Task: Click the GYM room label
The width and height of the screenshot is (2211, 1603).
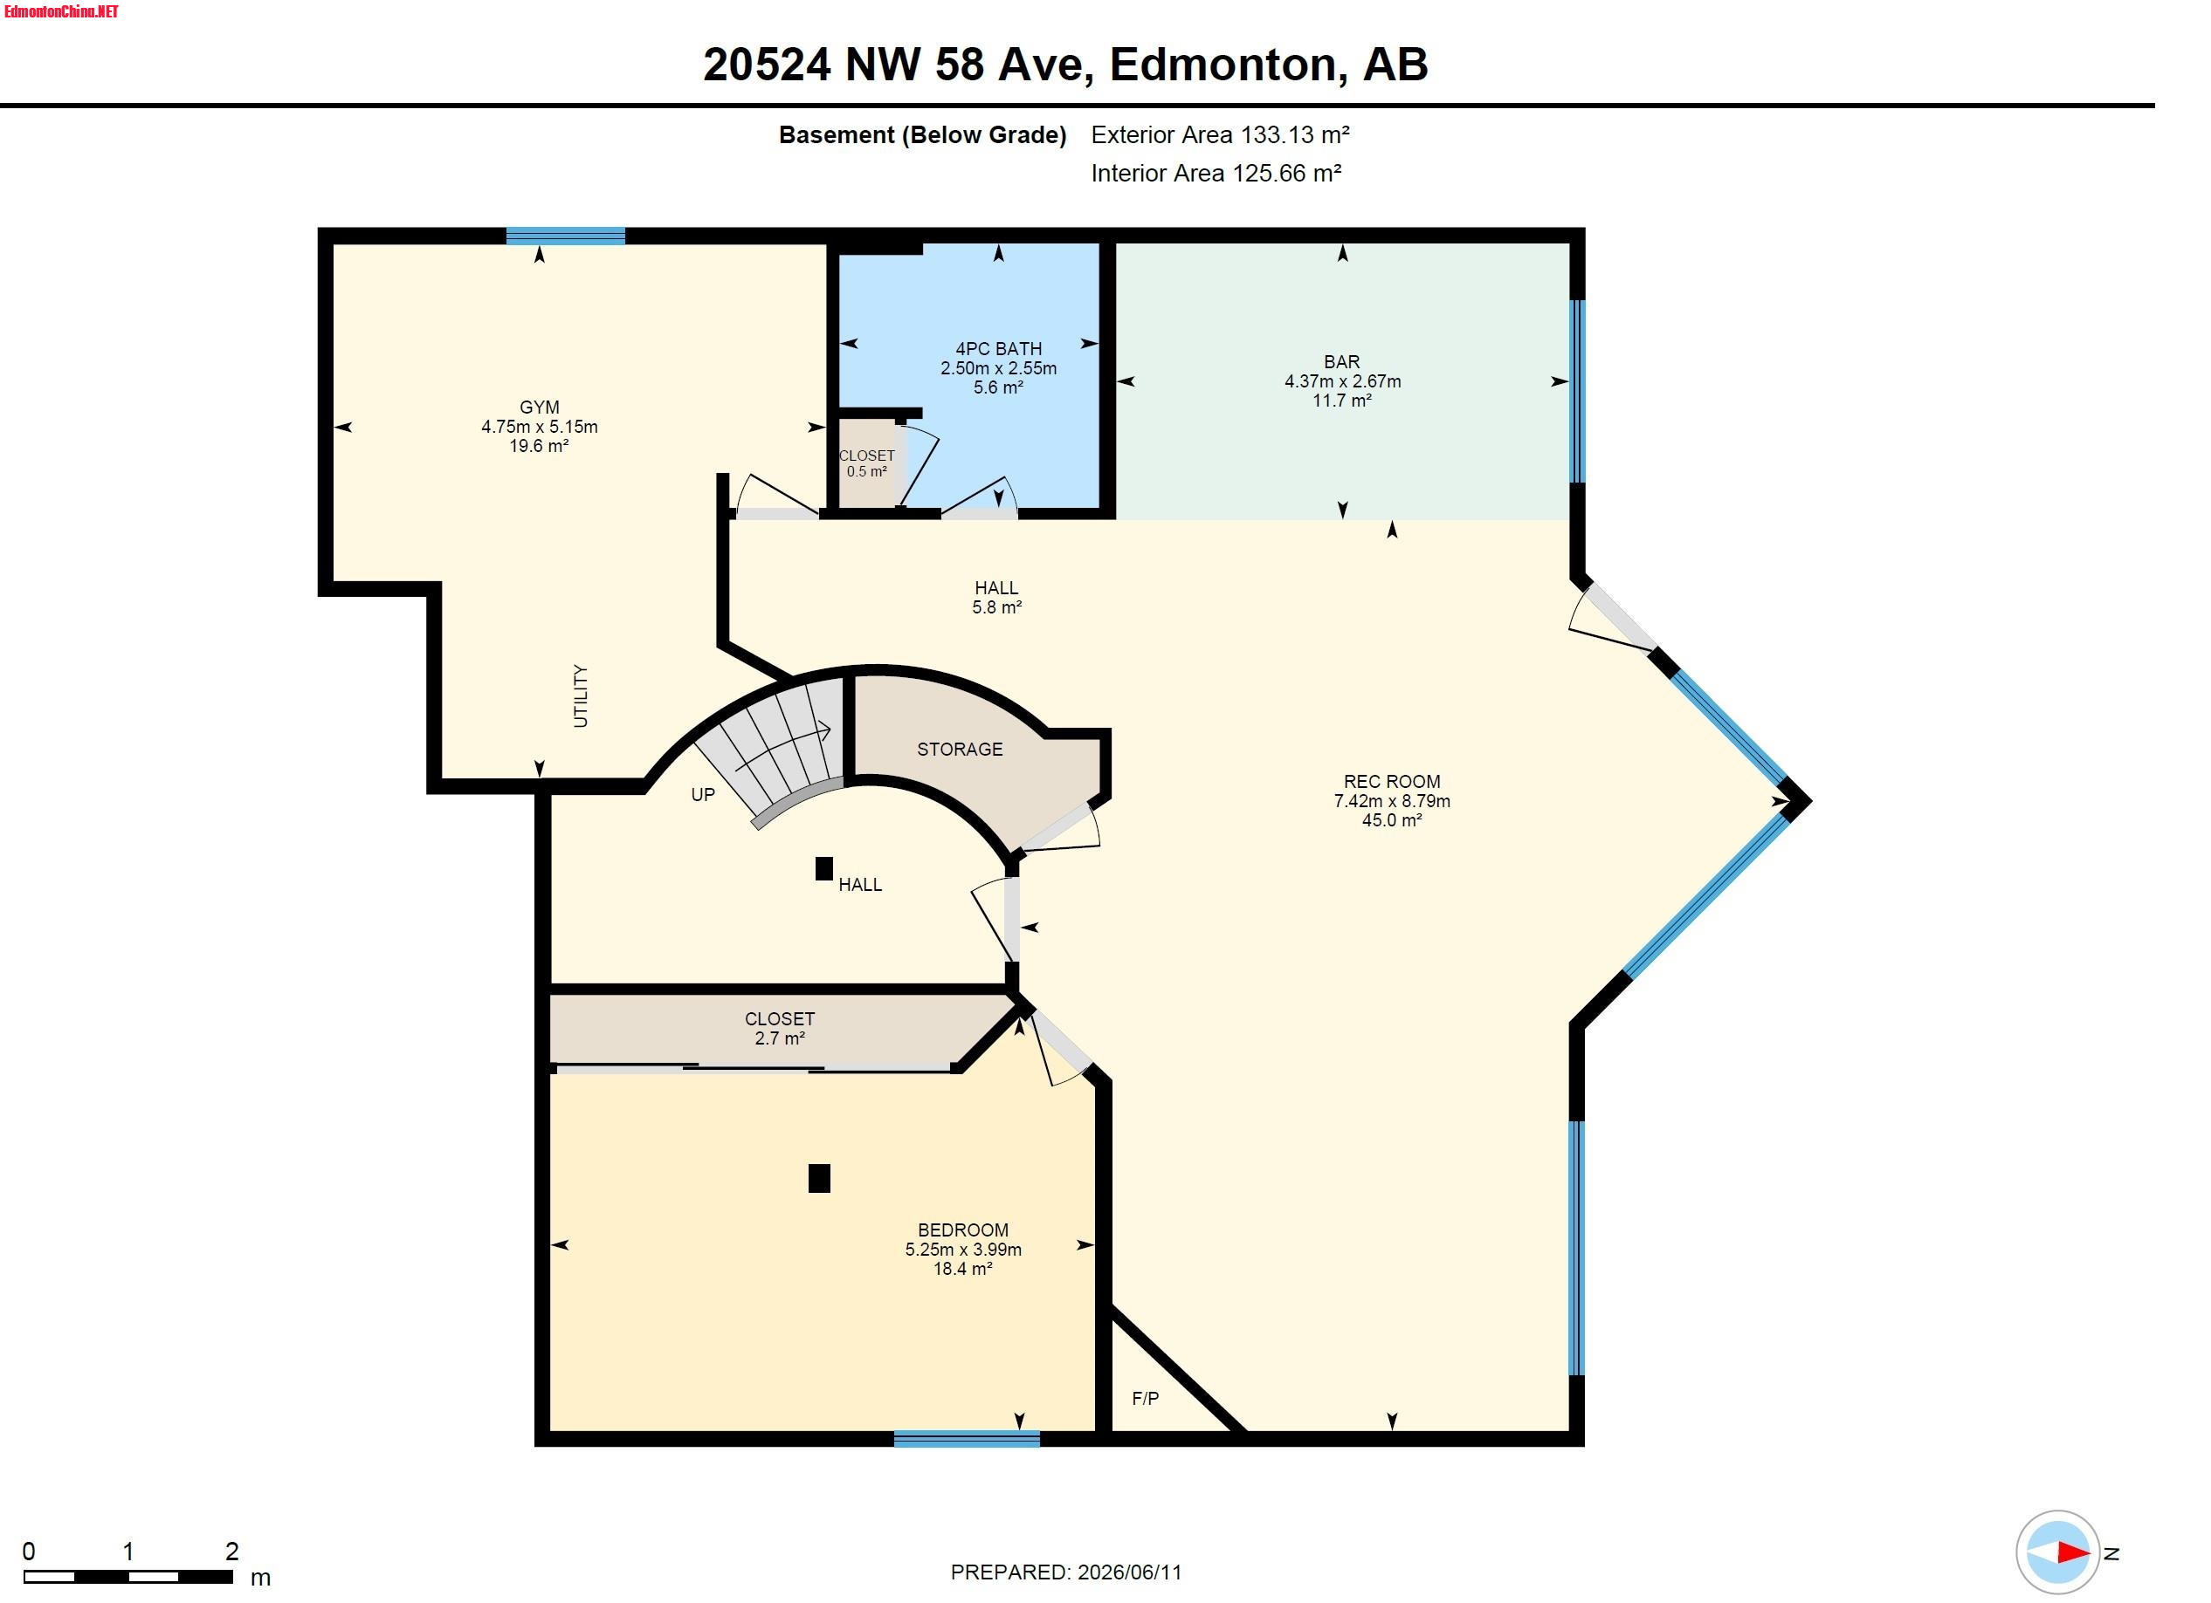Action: point(539,408)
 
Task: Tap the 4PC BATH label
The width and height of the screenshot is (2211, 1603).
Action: point(998,349)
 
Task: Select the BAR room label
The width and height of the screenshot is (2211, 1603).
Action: point(1341,361)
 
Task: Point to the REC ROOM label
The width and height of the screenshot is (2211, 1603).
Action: point(1391,782)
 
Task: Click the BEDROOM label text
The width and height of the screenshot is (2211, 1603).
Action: point(962,1230)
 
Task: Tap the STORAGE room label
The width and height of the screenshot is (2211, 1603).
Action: point(960,750)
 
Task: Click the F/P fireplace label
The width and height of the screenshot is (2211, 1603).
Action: point(1145,1398)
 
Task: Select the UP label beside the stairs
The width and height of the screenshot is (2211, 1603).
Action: point(702,795)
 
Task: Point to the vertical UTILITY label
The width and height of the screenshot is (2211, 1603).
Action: point(581,695)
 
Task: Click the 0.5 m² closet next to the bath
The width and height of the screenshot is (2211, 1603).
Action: point(865,462)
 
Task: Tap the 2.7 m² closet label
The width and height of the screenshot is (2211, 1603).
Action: point(779,1028)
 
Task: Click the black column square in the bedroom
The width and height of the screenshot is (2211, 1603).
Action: point(819,1178)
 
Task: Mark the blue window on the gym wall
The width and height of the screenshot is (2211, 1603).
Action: point(566,236)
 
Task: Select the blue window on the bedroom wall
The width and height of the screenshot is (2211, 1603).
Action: point(966,1439)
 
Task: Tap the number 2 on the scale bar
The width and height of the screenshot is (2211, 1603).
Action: point(232,1551)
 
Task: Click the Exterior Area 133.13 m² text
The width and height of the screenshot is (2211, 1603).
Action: point(1220,134)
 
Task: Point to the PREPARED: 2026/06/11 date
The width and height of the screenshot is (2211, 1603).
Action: point(1065,1572)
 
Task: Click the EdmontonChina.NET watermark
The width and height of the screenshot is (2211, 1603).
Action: point(61,11)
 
